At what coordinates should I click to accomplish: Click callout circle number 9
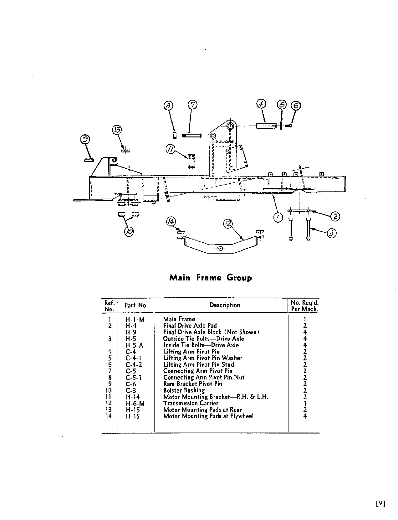(85, 139)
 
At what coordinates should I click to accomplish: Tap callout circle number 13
(117, 130)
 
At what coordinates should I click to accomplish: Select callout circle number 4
(261, 104)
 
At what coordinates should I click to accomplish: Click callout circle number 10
(129, 231)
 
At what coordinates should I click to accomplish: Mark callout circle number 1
(278, 217)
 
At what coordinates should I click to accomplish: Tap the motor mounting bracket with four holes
(191, 161)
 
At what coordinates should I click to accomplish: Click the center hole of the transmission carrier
(221, 248)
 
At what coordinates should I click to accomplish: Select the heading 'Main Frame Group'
(211, 278)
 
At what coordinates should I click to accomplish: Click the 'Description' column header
(225, 305)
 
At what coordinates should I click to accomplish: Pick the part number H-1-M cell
(135, 319)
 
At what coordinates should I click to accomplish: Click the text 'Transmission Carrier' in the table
(191, 403)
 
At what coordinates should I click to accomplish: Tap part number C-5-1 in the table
(134, 377)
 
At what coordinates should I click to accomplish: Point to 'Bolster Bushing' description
(184, 390)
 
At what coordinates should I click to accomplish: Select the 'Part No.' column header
(136, 305)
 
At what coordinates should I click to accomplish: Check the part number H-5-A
(135, 345)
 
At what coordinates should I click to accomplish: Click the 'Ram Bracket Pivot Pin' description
(193, 384)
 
